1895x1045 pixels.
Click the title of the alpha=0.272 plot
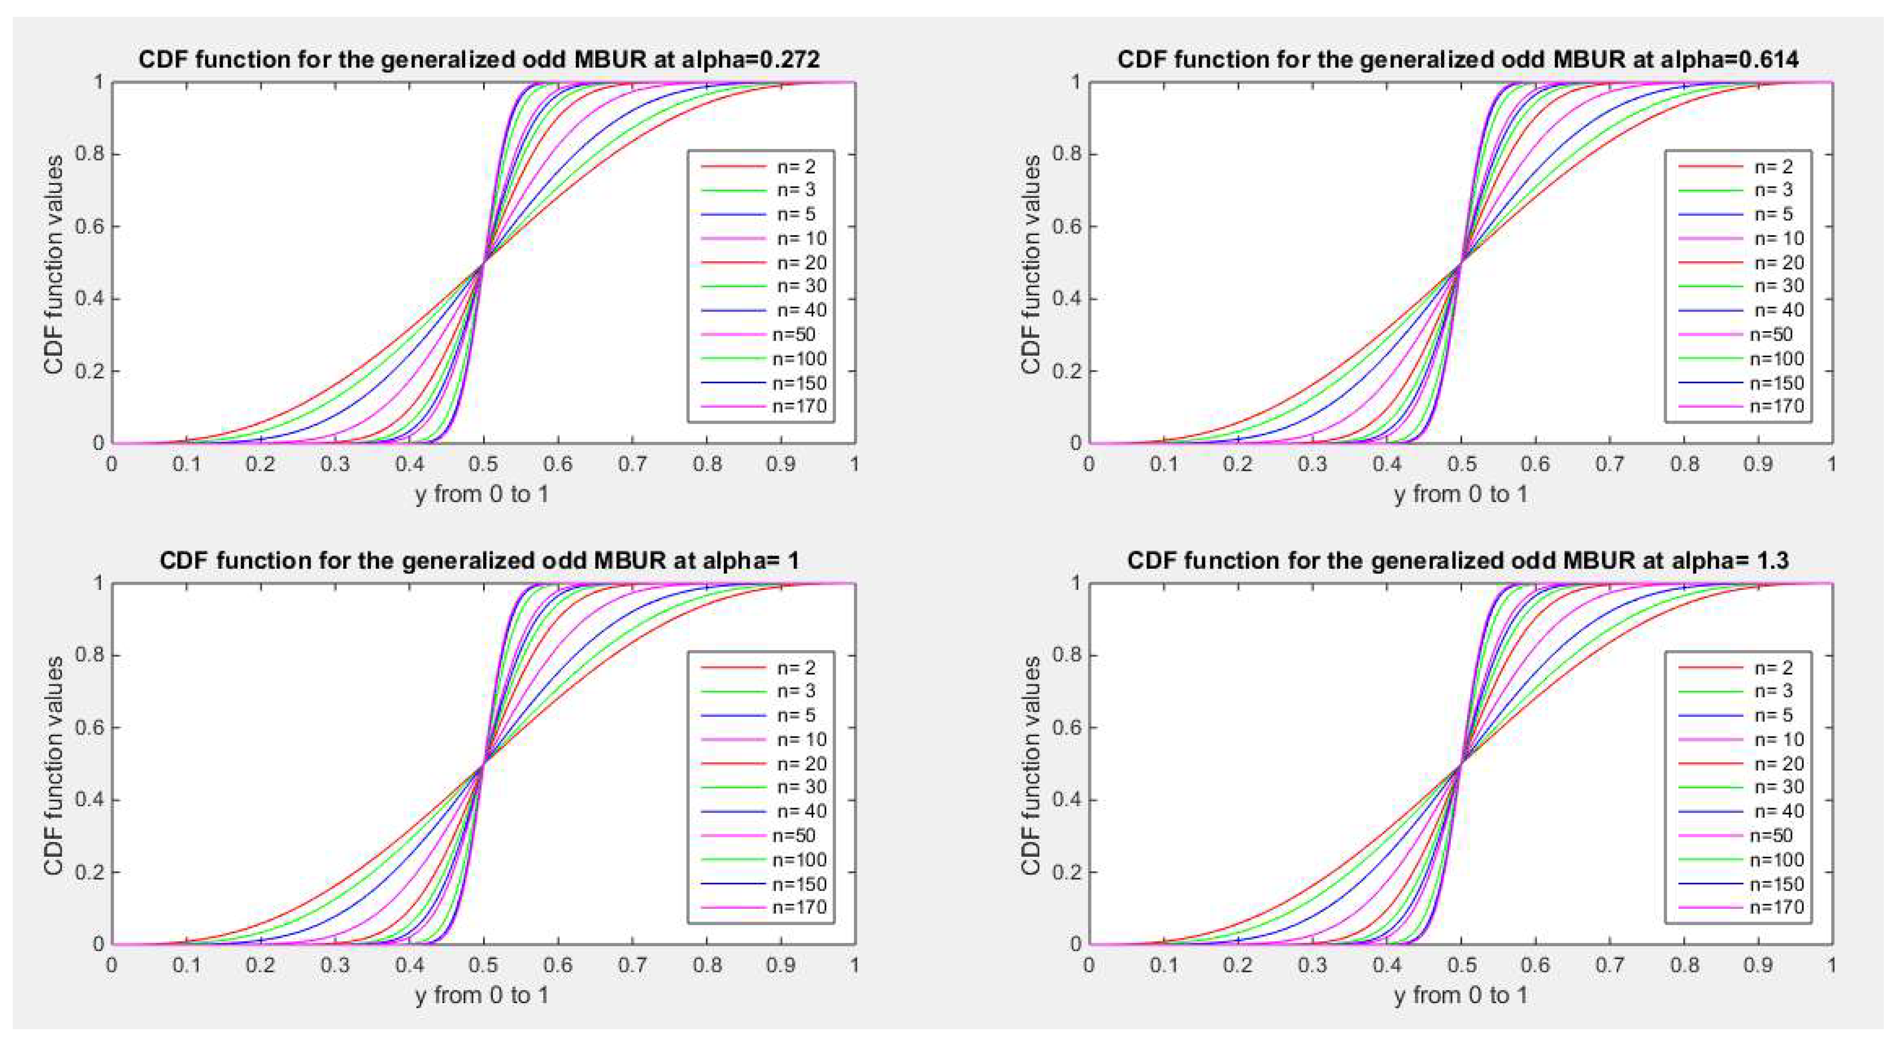pos(479,59)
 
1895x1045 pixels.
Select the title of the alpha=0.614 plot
pos(1457,59)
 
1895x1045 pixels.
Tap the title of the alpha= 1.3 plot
pos(1457,560)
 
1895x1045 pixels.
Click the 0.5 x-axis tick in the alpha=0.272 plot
pos(483,464)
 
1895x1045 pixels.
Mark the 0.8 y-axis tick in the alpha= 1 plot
pos(90,655)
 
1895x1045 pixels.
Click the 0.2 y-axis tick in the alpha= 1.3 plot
pos(1067,872)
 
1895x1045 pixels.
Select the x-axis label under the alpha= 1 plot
pos(482,996)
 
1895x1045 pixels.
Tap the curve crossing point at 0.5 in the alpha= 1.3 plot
pos(1460,764)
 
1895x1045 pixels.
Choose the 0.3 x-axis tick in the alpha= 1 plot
pos(335,965)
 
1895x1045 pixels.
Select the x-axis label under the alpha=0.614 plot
pos(1460,494)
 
